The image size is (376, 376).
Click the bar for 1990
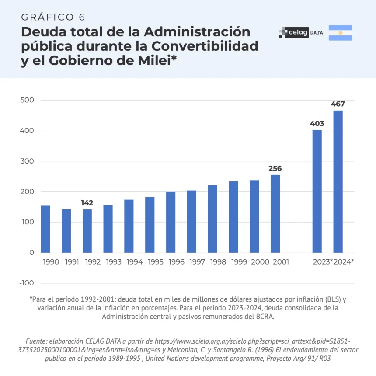(45, 229)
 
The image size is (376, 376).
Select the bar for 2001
(275, 214)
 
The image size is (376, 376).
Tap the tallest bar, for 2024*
(338, 181)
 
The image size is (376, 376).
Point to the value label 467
(338, 104)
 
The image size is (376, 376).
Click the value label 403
(317, 124)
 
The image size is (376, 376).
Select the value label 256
(275, 168)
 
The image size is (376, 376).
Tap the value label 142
(87, 203)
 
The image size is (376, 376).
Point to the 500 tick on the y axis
(28, 101)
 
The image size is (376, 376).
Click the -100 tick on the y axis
(27, 283)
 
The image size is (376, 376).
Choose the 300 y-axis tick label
(28, 161)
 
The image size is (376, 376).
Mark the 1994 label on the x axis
(135, 262)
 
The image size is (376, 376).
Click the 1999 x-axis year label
(239, 262)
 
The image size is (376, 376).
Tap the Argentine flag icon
(340, 33)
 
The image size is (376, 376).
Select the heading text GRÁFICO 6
(53, 17)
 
